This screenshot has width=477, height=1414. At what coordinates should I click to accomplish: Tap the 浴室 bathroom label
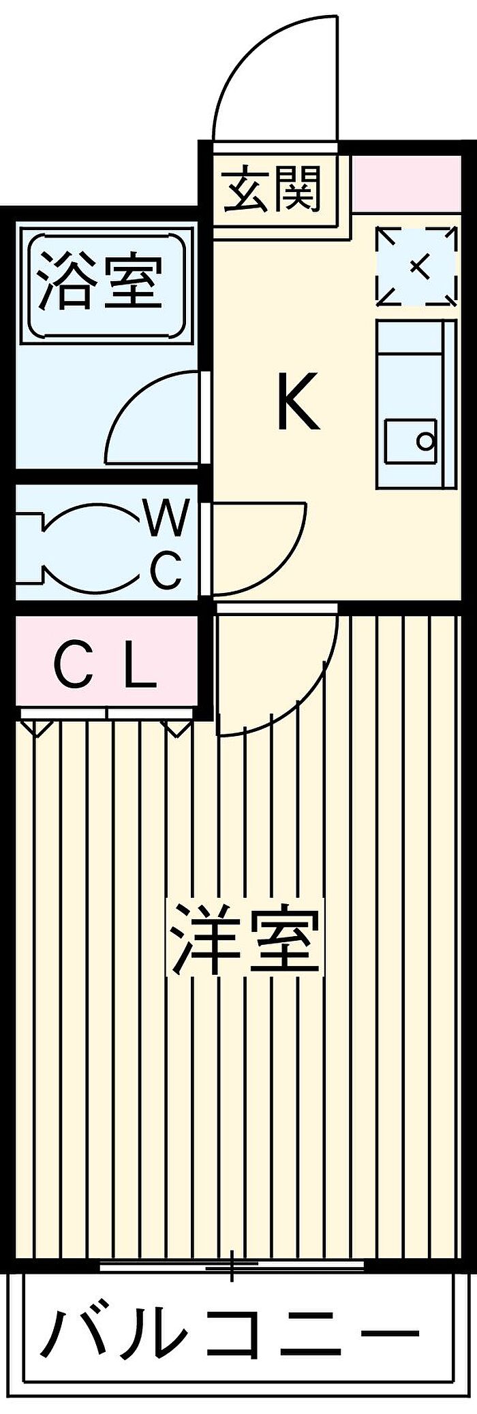(101, 281)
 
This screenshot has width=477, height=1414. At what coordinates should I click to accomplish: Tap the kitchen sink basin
(410, 442)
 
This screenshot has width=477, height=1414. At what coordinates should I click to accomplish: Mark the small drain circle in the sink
(426, 441)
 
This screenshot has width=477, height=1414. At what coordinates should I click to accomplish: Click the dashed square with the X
(416, 266)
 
